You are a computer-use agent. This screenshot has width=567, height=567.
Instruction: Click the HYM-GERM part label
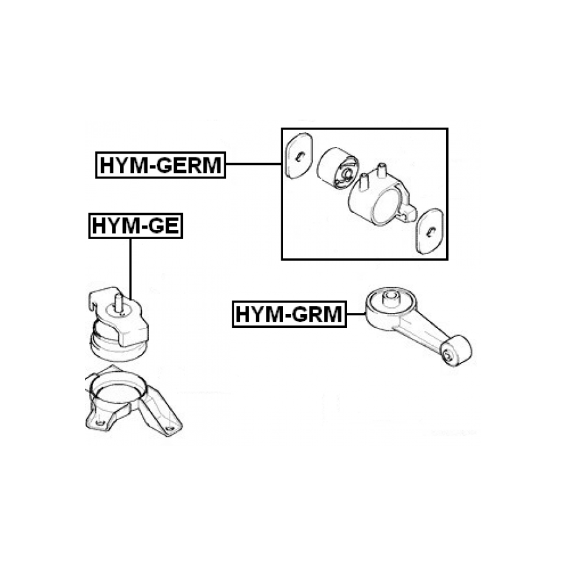point(160,165)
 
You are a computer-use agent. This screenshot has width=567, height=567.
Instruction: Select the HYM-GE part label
point(136,226)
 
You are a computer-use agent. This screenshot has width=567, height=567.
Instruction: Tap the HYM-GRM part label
point(289,314)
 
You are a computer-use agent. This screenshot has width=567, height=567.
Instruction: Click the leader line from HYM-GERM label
point(253,164)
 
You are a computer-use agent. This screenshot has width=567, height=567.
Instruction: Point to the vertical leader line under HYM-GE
point(130,269)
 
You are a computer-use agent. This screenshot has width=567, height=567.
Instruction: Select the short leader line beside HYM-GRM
point(356,314)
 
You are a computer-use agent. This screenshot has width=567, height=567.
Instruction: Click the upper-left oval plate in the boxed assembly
point(299,156)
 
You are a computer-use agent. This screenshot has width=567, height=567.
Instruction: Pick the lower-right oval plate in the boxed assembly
point(429,231)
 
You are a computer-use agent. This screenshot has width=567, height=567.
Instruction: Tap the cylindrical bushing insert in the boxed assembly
point(337,168)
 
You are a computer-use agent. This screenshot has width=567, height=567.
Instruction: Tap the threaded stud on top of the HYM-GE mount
point(118,303)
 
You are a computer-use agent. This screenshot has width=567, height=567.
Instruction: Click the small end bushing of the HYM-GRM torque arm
point(456,350)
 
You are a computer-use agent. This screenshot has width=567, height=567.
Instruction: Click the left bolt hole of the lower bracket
point(100,423)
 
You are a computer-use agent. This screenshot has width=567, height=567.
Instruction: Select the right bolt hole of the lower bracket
point(169,429)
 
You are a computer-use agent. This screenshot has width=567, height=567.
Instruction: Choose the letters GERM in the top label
point(190,165)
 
